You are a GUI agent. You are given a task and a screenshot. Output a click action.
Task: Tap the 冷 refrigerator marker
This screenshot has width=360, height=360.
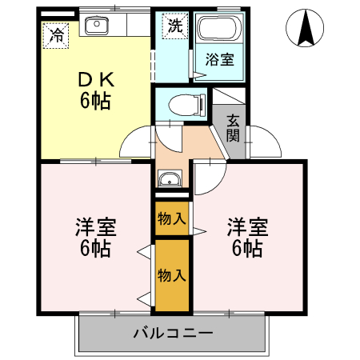[x=56, y=34]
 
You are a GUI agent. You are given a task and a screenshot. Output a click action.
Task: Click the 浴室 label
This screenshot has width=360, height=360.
[x=219, y=60]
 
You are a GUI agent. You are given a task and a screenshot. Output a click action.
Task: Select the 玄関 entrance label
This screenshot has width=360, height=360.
[x=233, y=127]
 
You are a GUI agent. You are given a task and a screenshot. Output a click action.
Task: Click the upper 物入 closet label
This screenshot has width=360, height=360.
[x=172, y=217]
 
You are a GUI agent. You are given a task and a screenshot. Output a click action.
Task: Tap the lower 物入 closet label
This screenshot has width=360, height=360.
[x=172, y=276]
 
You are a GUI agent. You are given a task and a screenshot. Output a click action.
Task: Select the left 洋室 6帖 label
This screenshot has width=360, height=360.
[x=94, y=237]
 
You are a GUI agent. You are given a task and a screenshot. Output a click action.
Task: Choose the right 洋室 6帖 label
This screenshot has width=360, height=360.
[x=246, y=237]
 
